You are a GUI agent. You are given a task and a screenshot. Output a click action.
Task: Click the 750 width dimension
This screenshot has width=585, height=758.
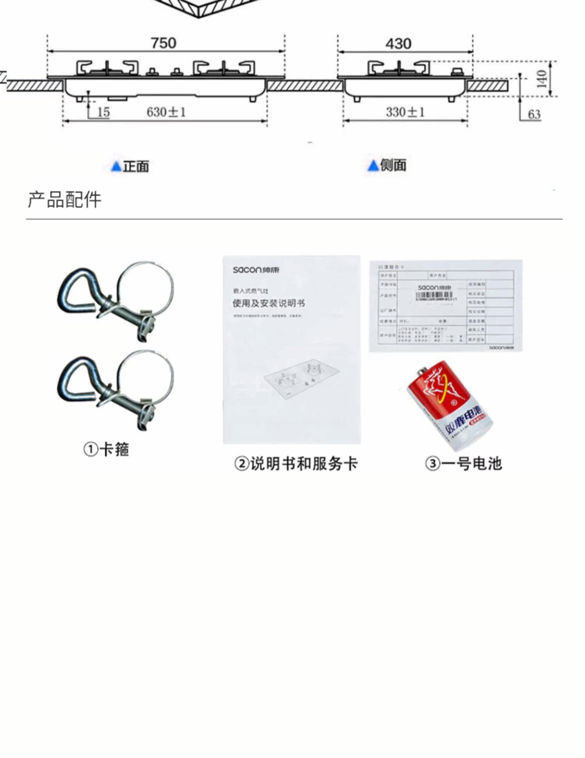(x=164, y=43)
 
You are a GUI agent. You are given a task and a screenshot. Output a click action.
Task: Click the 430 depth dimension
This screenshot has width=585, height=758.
(x=398, y=43)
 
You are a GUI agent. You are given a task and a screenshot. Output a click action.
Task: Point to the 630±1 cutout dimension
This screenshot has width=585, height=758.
(x=166, y=112)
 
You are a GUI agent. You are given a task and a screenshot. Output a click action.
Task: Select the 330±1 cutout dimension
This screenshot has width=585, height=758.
(x=405, y=112)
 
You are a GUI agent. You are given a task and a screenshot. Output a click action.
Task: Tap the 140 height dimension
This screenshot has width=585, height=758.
(x=541, y=79)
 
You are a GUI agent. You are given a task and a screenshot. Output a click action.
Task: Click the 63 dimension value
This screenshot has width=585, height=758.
(x=534, y=114)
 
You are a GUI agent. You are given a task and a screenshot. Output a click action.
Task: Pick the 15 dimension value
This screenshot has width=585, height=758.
(x=103, y=112)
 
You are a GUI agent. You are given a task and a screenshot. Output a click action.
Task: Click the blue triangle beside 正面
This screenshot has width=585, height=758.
(x=116, y=167)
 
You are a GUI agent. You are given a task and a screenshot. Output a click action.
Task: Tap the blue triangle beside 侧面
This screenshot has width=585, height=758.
(x=373, y=166)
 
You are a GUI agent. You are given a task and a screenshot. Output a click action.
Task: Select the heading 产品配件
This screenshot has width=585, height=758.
(x=64, y=199)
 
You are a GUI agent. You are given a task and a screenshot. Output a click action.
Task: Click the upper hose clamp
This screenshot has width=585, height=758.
(x=115, y=301)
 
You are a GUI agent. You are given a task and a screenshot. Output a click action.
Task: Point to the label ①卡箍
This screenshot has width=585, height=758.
(x=106, y=449)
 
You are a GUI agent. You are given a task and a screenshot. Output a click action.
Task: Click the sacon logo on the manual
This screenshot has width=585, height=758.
(x=256, y=270)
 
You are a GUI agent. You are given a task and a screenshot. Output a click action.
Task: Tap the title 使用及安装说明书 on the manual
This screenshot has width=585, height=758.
(x=269, y=303)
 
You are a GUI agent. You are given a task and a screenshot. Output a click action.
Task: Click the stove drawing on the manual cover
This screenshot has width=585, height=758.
(x=296, y=377)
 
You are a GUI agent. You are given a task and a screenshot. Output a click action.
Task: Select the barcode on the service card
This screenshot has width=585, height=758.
(x=434, y=295)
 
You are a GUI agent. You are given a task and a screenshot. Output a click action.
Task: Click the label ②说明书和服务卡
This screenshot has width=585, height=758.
(x=296, y=464)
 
